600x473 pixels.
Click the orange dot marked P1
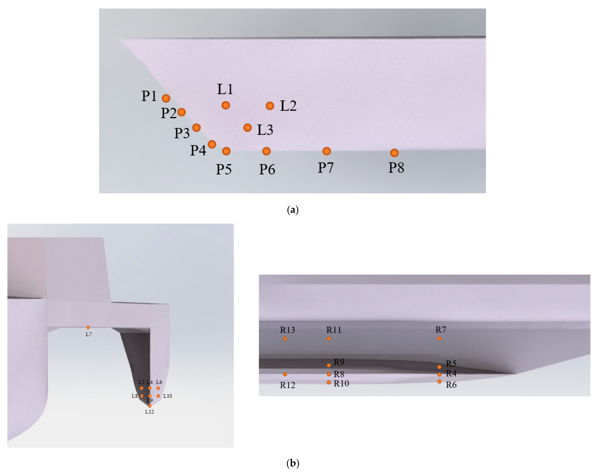point(166,98)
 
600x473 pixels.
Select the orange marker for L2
point(270,106)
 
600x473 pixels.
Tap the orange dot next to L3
point(247,128)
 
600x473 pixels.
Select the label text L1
point(225,89)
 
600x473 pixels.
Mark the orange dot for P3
point(196,128)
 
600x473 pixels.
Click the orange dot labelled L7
point(88,327)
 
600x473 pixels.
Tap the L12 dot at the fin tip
point(150,405)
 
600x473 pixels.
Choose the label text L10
point(168,396)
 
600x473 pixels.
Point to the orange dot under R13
point(285,338)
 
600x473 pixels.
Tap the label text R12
point(288,385)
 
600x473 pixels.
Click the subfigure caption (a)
point(293,210)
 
